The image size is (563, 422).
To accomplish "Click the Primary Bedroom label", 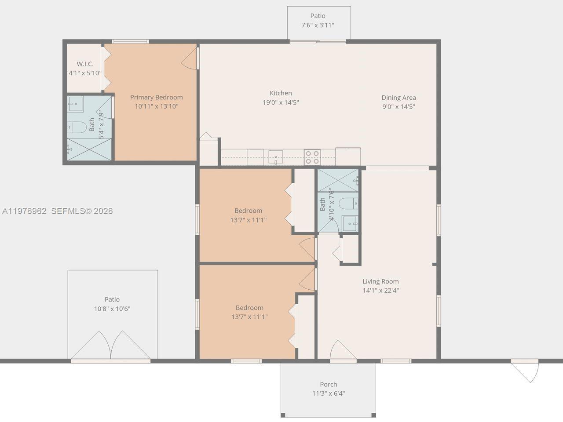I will (x=156, y=97).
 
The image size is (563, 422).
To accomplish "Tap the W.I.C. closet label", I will (x=85, y=64).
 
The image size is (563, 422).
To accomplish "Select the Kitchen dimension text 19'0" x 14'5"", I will (x=281, y=102).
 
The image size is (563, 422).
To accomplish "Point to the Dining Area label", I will (x=398, y=98).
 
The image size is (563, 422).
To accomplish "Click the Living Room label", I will (x=380, y=281).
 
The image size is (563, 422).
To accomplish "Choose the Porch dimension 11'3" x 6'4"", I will (x=329, y=393).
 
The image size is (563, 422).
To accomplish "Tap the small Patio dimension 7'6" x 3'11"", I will (x=318, y=25).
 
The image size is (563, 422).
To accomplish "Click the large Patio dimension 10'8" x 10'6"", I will (x=112, y=309).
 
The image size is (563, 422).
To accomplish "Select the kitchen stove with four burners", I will (x=312, y=157).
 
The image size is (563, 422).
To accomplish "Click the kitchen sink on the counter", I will (x=275, y=156).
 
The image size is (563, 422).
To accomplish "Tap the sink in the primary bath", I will (x=75, y=104).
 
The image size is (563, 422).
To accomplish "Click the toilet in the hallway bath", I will (x=351, y=203).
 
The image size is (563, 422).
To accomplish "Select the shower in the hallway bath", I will (x=338, y=180).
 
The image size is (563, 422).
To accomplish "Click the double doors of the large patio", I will (x=111, y=346).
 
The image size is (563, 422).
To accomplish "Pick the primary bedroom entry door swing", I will (x=190, y=58).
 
